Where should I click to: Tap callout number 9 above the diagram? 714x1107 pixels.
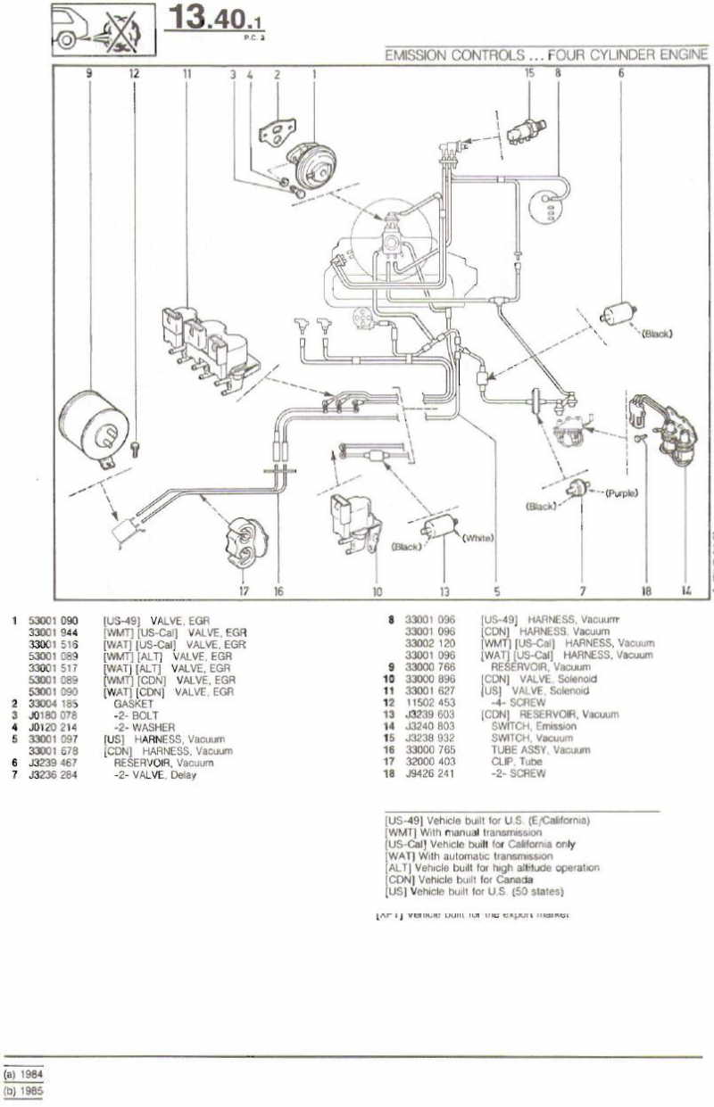[89, 74]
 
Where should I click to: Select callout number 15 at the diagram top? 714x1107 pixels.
[529, 74]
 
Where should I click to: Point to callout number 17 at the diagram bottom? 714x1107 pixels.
[243, 590]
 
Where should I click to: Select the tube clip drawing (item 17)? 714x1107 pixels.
[242, 540]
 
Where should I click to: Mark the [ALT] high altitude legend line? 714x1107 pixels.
[492, 867]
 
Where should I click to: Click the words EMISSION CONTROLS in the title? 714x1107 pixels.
[454, 55]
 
